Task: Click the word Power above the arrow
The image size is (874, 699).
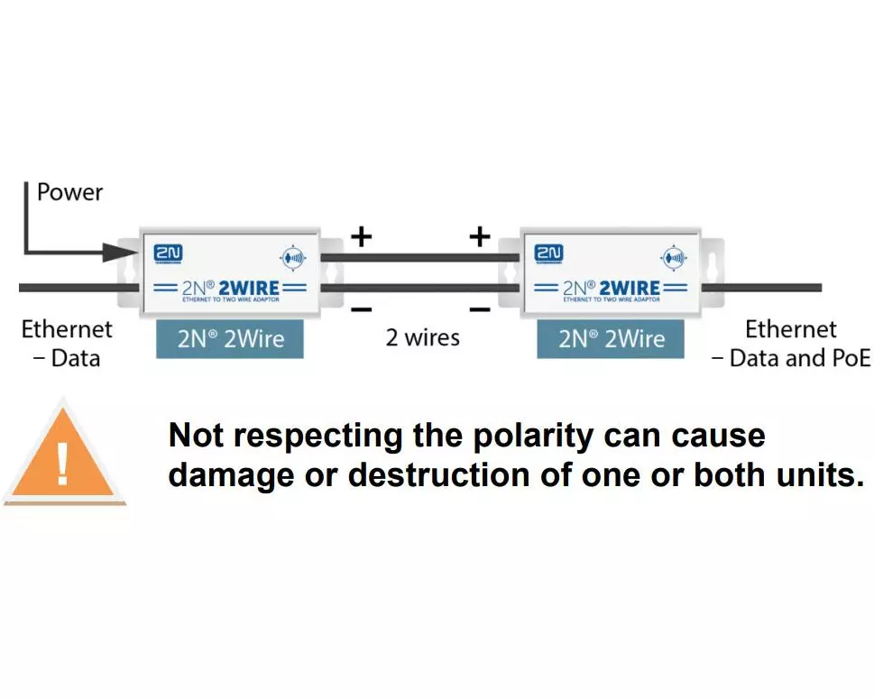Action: (x=69, y=192)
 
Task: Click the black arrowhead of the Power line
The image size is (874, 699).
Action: (x=119, y=252)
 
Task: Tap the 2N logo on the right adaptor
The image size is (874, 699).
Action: (x=548, y=253)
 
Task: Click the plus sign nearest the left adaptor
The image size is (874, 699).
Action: (x=361, y=236)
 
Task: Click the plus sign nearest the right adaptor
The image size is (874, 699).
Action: (x=480, y=236)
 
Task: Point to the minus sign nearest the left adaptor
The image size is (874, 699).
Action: (x=361, y=309)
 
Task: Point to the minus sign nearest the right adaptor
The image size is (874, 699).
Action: (x=480, y=309)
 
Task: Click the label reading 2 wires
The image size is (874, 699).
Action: (x=422, y=338)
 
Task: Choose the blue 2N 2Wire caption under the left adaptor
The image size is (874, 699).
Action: (x=229, y=340)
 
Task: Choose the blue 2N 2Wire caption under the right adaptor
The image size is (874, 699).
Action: (x=611, y=340)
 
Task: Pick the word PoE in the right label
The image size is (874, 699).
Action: (x=847, y=358)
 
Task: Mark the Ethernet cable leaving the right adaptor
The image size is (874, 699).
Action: (x=767, y=288)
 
